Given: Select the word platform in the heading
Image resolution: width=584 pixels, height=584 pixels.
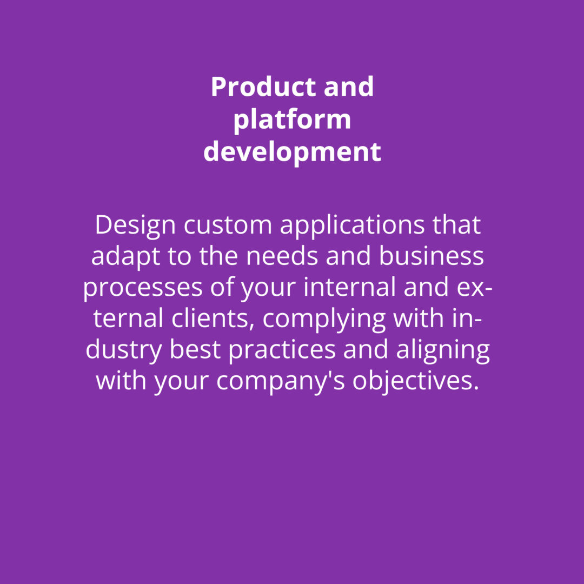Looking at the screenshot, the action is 292,120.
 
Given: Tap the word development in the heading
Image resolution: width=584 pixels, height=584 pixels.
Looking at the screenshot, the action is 292,151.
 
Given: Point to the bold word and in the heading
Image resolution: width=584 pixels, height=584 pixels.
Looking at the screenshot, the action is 349,87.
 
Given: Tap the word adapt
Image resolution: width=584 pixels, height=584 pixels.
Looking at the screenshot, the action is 125,257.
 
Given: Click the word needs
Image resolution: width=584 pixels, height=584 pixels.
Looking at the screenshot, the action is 282,256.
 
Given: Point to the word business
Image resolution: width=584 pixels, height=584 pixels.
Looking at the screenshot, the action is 432,256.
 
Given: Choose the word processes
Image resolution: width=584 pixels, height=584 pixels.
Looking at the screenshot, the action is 143,288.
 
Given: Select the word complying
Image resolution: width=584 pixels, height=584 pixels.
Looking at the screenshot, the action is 324,320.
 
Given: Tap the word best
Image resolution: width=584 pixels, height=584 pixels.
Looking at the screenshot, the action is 195,350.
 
